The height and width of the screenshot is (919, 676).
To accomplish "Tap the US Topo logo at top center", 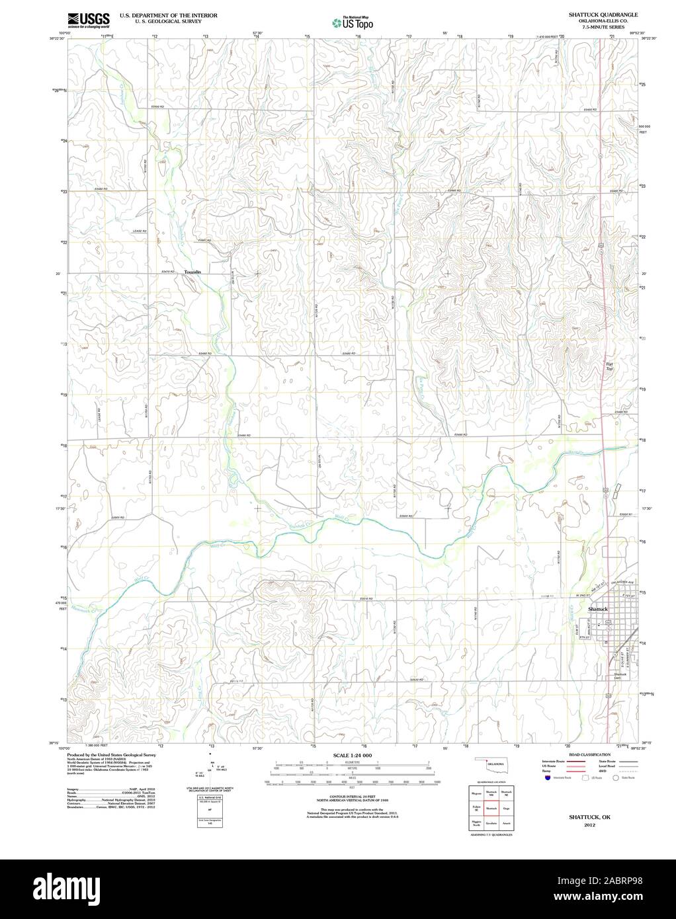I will pyautogui.click(x=353, y=22).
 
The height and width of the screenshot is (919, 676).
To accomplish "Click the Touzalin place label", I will pyautogui.click(x=192, y=272).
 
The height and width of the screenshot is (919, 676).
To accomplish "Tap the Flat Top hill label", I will pyautogui.click(x=610, y=366).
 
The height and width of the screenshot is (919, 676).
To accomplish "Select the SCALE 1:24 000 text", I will pyautogui.click(x=353, y=754).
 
